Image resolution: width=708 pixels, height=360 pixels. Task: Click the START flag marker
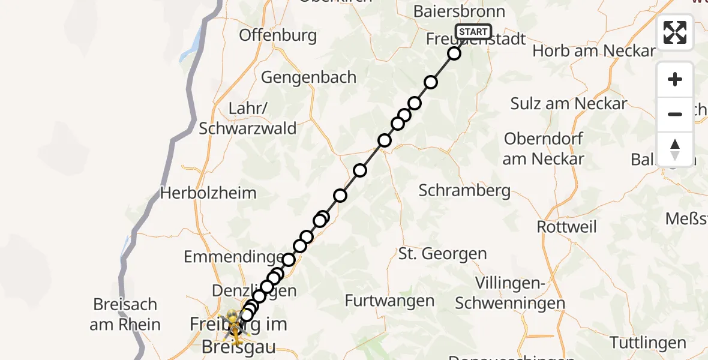[x=473, y=32]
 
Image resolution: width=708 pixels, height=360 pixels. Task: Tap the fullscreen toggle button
[x=675, y=32]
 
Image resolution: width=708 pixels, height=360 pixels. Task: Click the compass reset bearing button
[x=675, y=149]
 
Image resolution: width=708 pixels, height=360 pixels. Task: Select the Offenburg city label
[x=278, y=35]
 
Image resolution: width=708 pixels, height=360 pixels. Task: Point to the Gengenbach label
[x=309, y=77]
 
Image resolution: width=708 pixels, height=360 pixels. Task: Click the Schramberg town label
[x=465, y=191]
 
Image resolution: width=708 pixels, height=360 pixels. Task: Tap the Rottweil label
[x=567, y=227]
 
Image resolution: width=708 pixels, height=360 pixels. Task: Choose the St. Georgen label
[x=442, y=253]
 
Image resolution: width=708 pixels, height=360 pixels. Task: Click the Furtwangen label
[x=390, y=301]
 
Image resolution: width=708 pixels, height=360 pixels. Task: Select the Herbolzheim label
[x=208, y=193]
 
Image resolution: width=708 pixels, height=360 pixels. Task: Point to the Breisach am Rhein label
[x=125, y=314]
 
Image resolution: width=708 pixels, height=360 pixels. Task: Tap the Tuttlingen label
[x=647, y=343]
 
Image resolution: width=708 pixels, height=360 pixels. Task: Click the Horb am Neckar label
[x=594, y=51]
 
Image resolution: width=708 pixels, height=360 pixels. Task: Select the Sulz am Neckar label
[x=568, y=103]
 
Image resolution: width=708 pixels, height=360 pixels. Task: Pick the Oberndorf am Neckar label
[x=544, y=149]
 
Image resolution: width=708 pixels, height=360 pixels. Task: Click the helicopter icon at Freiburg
[x=233, y=326]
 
